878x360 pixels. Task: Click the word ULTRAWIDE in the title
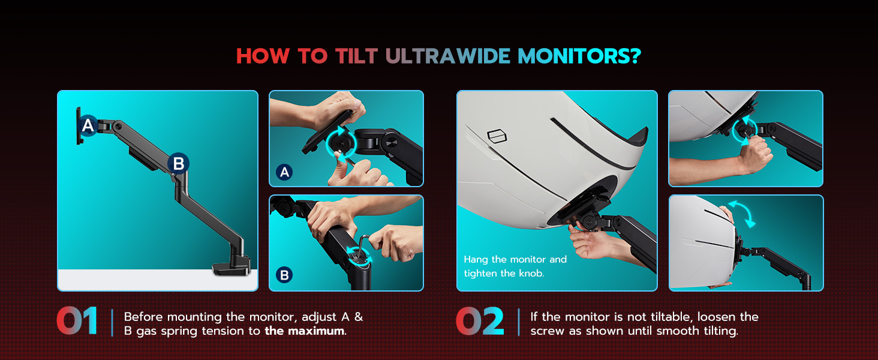click(447, 56)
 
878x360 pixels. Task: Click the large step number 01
click(77, 322)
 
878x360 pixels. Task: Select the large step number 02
click(480, 322)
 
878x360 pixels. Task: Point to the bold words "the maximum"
click(304, 331)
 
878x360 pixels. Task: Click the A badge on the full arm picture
click(88, 126)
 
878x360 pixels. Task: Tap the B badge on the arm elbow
click(178, 163)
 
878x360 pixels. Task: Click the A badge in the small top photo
click(285, 173)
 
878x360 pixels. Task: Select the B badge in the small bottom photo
click(285, 275)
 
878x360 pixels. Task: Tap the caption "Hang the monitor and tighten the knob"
click(515, 266)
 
